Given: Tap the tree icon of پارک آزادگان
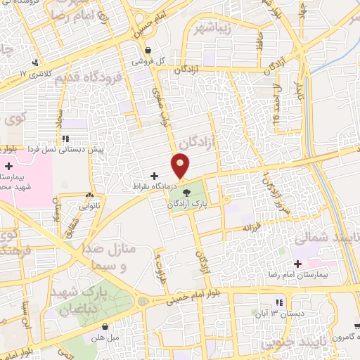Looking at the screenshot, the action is coord(186,192).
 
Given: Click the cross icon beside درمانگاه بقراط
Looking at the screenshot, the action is coord(155,175).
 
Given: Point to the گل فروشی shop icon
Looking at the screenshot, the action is coord(148,51).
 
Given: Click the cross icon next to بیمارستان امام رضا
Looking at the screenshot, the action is coord(298,264).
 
